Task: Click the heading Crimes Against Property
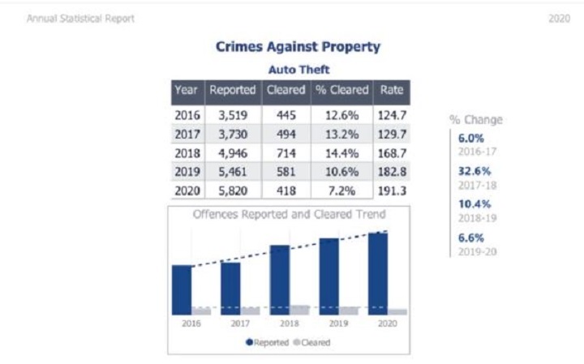click(x=298, y=47)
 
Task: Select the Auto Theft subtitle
click(x=298, y=70)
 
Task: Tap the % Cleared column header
click(x=341, y=91)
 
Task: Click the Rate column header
click(x=393, y=91)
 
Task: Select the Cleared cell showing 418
click(x=286, y=191)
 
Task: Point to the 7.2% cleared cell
click(x=341, y=191)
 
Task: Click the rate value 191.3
click(x=393, y=191)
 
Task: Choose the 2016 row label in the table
click(x=187, y=115)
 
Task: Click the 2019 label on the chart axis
click(x=339, y=323)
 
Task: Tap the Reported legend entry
click(x=268, y=342)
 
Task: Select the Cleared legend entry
click(x=312, y=342)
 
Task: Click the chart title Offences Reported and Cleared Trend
click(x=289, y=215)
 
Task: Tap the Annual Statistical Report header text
click(x=81, y=18)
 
